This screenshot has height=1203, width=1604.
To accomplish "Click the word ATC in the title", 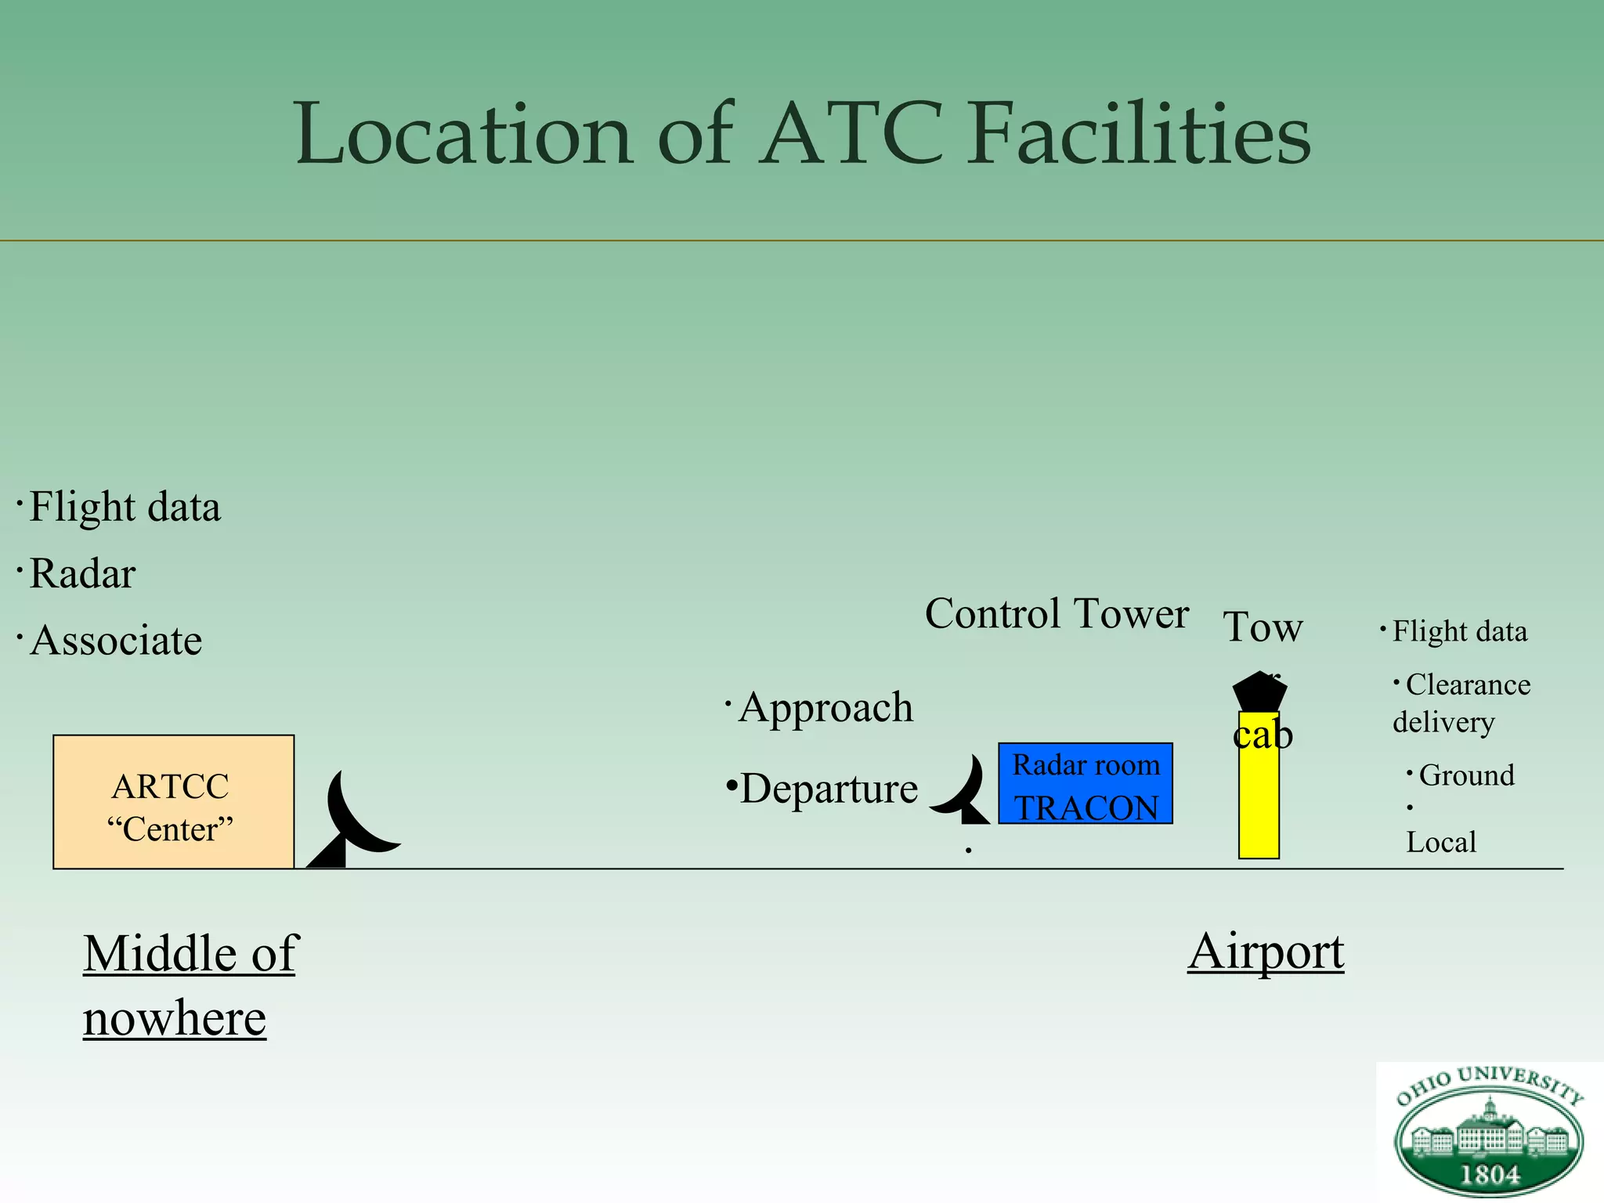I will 852,135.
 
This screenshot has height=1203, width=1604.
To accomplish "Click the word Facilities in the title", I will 1140,135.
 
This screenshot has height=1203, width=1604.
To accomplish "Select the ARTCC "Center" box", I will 173,802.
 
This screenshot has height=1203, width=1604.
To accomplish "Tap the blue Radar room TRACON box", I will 1086,784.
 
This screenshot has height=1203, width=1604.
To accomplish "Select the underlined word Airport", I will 1266,952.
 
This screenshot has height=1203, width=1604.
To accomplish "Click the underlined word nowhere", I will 175,1019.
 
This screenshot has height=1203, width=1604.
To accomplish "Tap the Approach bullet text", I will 826,708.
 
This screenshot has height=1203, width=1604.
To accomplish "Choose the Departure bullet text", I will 829,789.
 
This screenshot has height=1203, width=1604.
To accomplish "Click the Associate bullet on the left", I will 116,641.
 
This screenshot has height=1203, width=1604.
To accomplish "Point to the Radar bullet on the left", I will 82,574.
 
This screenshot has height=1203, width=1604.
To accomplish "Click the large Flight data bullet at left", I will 125,508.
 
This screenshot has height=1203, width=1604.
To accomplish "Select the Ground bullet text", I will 1466,775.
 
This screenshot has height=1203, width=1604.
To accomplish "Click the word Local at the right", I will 1441,843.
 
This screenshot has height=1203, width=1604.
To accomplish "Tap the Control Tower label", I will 1057,614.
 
